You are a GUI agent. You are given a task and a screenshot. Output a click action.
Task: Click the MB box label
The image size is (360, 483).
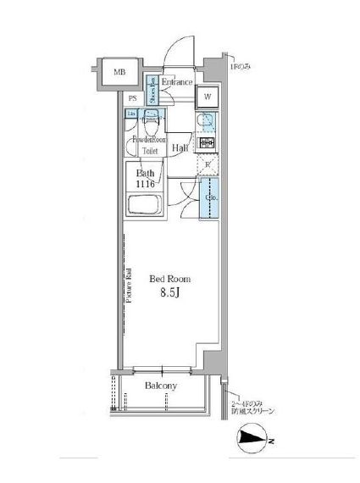pos(119,73)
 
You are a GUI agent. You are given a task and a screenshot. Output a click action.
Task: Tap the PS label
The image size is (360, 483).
pos(133,98)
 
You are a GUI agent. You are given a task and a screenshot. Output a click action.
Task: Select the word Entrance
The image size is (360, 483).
pos(178,82)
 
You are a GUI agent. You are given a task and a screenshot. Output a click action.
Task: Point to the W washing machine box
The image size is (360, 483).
pos(207,97)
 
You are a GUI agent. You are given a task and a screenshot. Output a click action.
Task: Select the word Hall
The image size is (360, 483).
pos(180,148)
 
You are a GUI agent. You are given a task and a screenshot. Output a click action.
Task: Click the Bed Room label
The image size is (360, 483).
pos(169,279)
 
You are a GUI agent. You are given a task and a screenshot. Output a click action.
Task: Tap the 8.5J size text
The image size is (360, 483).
pos(169,294)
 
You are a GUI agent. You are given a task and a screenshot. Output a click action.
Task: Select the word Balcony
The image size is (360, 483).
pos(160,386)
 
